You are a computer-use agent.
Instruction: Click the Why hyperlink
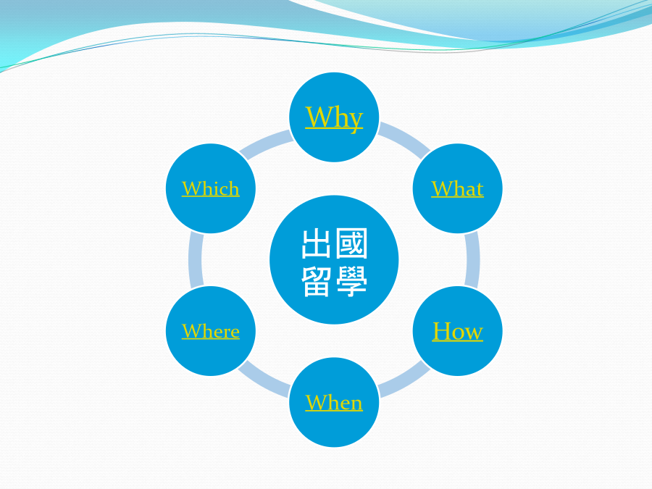(334, 118)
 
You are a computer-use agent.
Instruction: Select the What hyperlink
(457, 189)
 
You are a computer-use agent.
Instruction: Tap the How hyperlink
(457, 331)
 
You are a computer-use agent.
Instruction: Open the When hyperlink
(334, 403)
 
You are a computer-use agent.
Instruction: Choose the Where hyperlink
(210, 331)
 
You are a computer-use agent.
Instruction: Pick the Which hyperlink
(210, 189)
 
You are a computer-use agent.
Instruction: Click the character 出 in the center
(316, 243)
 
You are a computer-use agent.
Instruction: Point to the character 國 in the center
(351, 243)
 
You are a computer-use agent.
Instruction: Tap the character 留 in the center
(316, 282)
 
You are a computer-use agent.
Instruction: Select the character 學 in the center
(351, 282)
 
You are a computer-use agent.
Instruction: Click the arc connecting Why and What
(406, 138)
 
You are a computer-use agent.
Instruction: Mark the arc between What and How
(473, 260)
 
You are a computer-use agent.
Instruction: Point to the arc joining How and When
(406, 381)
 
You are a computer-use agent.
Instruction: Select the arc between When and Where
(262, 381)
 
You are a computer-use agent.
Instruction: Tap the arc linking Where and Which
(195, 260)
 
